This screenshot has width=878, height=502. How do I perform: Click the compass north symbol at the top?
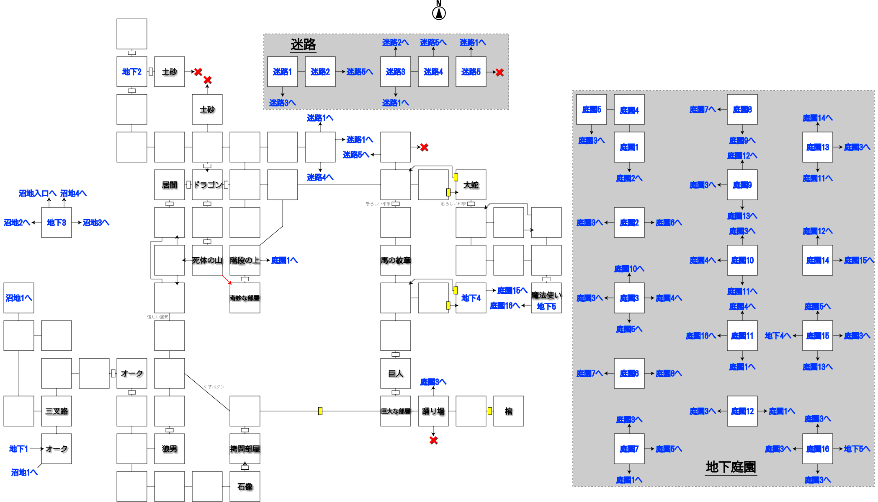[x=439, y=13]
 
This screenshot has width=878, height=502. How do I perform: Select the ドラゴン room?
[x=207, y=185]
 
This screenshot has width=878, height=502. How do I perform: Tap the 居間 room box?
[x=170, y=185]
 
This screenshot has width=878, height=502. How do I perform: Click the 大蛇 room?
[x=471, y=185]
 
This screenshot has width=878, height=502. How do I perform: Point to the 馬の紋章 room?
[x=396, y=260]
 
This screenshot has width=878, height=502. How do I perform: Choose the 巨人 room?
[x=396, y=373]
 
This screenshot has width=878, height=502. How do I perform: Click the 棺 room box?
[x=509, y=411]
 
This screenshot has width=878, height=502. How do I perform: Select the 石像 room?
[x=245, y=486]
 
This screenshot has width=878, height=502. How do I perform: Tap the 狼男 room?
[x=170, y=449]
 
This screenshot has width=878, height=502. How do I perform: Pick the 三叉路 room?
[x=57, y=411]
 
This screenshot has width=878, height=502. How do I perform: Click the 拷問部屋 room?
[x=245, y=449]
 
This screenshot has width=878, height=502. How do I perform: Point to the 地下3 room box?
[x=57, y=223]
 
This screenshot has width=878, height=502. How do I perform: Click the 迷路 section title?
[x=303, y=44]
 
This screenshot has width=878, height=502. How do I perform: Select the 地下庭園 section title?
[x=731, y=467]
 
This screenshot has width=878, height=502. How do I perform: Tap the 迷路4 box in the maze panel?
[x=433, y=72]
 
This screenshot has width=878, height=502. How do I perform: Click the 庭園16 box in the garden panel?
[x=818, y=449]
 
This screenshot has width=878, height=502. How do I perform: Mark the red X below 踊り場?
[x=434, y=440]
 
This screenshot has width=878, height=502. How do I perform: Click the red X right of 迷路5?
[x=500, y=72]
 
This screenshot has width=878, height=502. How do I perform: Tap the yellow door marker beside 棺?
[x=489, y=411]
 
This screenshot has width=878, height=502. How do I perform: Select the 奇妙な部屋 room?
[x=245, y=298]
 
